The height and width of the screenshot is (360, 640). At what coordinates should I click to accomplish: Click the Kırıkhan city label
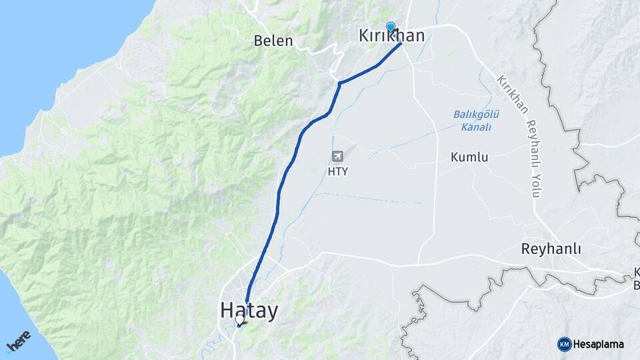pyautogui.click(x=392, y=35)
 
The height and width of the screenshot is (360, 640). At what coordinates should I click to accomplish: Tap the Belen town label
pyautogui.click(x=273, y=41)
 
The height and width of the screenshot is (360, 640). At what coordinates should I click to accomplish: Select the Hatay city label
pyautogui.click(x=249, y=311)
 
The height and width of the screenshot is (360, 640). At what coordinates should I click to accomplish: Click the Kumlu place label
pyautogui.click(x=469, y=158)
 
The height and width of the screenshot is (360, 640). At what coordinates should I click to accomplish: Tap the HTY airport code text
pyautogui.click(x=338, y=171)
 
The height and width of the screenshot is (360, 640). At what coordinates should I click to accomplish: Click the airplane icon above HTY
pyautogui.click(x=338, y=156)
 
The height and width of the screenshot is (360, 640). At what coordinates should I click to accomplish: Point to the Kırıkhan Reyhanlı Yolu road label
pyautogui.click(x=517, y=136)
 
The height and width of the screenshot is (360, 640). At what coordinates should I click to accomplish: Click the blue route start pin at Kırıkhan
pyautogui.click(x=391, y=27)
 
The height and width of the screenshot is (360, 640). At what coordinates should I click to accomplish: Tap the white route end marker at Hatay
pyautogui.click(x=240, y=320)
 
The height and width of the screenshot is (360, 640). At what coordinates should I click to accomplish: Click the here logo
pyautogui.click(x=19, y=341)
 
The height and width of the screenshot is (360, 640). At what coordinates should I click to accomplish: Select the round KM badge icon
pyautogui.click(x=564, y=344)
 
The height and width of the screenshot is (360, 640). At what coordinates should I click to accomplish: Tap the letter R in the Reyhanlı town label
pyautogui.click(x=525, y=249)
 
